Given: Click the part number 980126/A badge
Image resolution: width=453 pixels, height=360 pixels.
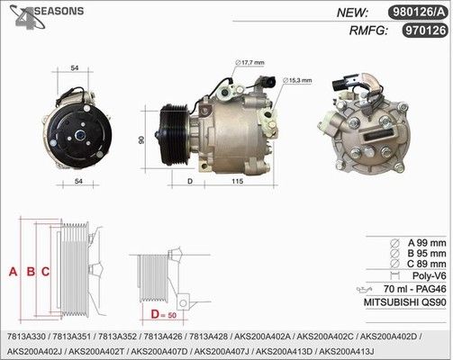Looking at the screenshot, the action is click(418, 13).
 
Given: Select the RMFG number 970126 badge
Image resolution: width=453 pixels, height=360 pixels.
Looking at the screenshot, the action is click(425, 31).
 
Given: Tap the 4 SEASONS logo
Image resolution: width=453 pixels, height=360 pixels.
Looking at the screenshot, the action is click(47, 16).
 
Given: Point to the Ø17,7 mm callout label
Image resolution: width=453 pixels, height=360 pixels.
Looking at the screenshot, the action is click(249, 62).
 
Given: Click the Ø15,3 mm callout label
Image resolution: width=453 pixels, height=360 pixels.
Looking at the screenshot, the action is click(297, 80).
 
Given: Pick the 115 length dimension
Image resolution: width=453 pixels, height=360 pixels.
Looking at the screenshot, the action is click(237, 181).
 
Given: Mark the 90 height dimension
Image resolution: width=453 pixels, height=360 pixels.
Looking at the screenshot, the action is click(141, 139).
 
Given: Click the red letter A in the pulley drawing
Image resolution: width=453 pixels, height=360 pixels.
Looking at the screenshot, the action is click(13, 272).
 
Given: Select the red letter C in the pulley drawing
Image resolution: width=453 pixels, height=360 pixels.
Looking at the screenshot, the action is click(45, 272).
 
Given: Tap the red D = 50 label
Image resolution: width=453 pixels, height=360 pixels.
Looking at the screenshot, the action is click(164, 314).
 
